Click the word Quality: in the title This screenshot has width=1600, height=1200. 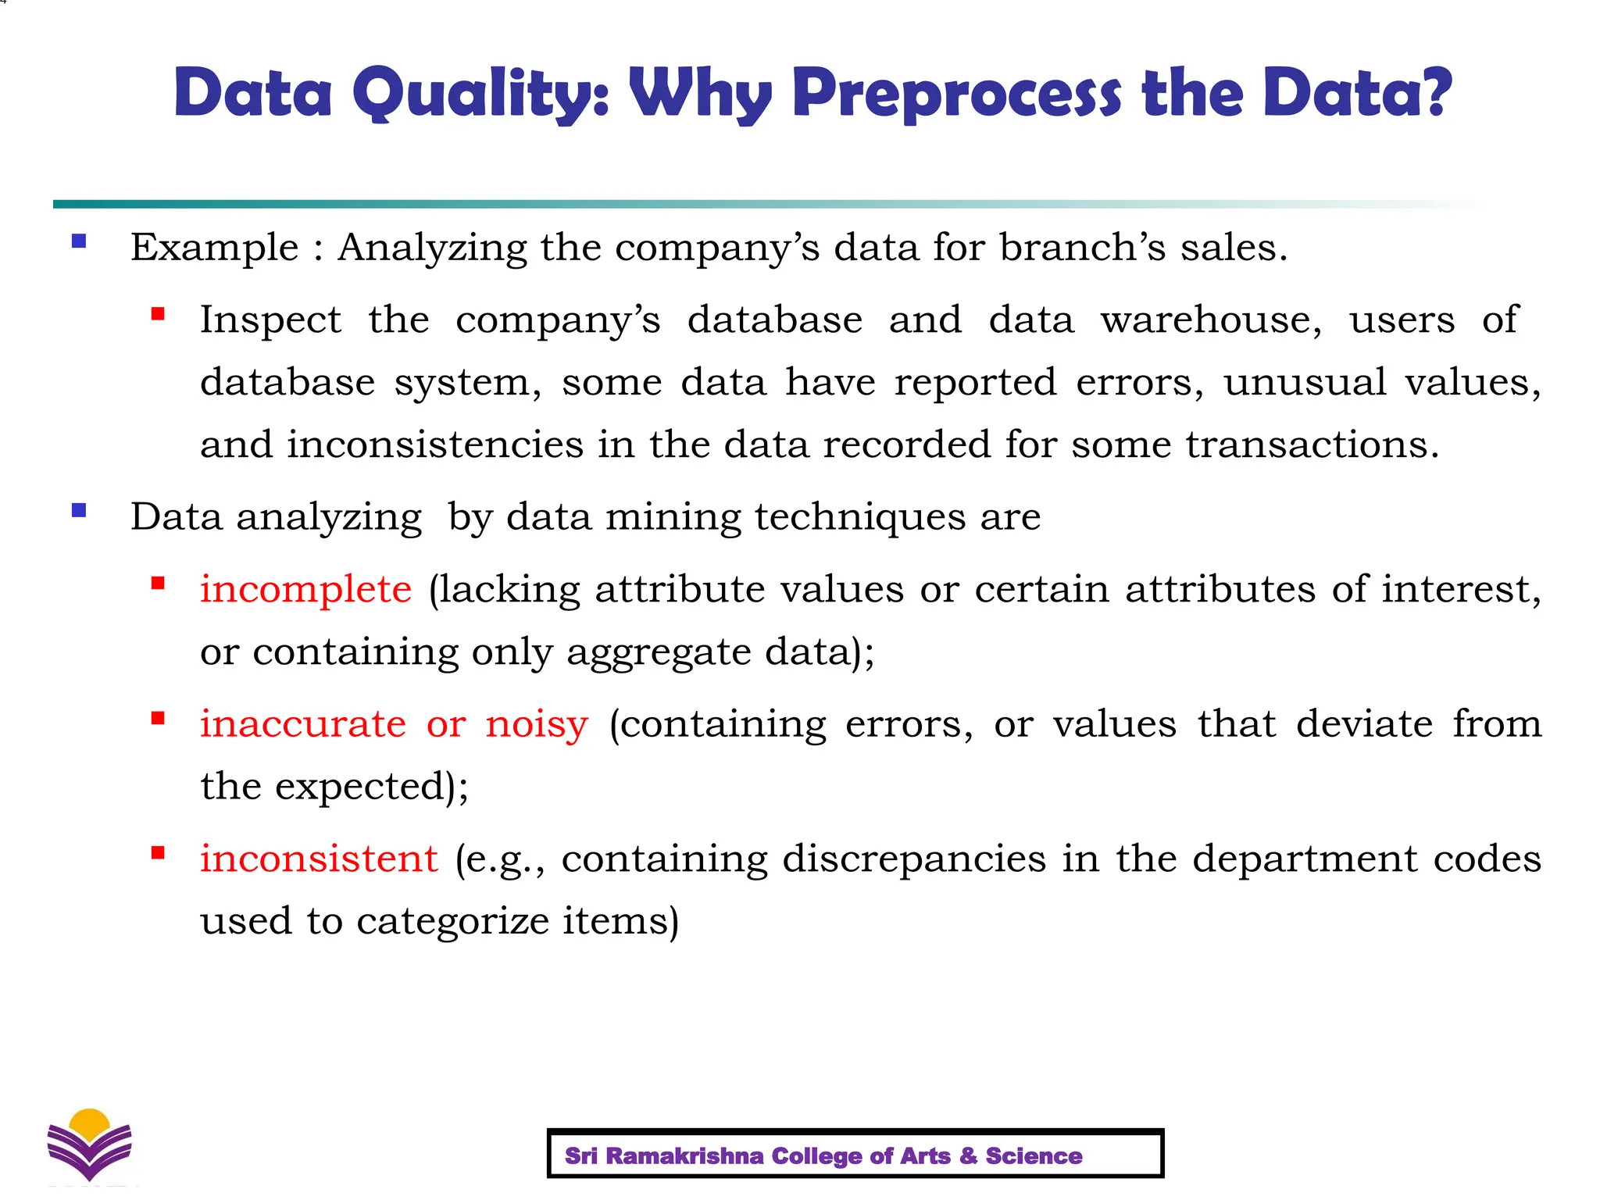click(480, 94)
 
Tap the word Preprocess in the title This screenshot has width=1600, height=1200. click(956, 94)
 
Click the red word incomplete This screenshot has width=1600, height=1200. click(305, 589)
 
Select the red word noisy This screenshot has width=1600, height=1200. click(537, 724)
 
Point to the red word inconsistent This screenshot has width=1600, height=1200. click(319, 859)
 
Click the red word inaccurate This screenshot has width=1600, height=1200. click(303, 724)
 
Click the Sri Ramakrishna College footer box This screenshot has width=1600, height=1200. click(855, 1153)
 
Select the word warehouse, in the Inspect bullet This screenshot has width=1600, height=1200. click(1212, 320)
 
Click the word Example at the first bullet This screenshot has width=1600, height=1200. click(215, 248)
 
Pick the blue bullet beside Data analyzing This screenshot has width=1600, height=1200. click(79, 511)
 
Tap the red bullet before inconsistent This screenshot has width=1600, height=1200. click(159, 853)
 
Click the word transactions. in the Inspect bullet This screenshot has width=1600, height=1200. click(1312, 445)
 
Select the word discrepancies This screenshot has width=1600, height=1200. click(914, 859)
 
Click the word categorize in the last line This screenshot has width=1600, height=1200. click(453, 921)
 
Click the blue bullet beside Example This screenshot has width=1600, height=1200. click(79, 241)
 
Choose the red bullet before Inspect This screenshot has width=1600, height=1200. click(159, 314)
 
